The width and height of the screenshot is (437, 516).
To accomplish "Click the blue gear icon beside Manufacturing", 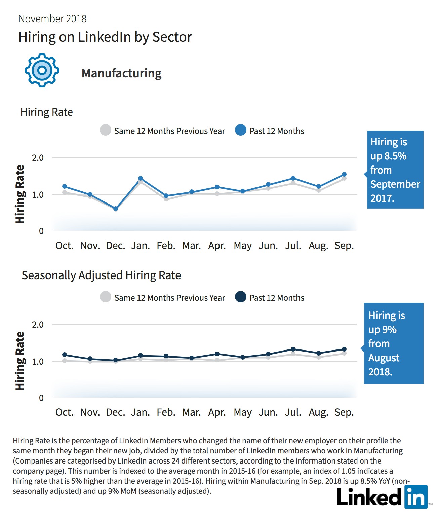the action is point(42,70).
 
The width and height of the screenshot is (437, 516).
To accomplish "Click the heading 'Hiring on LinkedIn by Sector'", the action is point(105,37).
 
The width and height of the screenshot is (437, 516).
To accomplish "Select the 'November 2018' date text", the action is point(52,19).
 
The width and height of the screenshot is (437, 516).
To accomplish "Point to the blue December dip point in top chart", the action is point(116,209).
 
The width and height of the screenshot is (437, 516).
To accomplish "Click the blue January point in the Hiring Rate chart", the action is point(141,178).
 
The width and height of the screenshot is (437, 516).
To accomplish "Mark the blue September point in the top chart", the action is point(344,174).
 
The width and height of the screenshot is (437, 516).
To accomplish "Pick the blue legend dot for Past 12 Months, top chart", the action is point(241,130).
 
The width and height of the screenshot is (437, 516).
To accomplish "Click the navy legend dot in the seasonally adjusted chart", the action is point(241,297).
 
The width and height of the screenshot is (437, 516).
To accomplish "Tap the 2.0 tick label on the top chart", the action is point(38,158).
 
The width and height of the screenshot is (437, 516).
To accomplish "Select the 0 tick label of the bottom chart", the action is point(41,398).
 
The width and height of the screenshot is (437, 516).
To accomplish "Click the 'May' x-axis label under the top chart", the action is point(243,246).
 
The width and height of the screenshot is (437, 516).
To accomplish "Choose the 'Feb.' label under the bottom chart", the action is point(166,412).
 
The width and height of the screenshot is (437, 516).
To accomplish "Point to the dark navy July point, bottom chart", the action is point(293,349).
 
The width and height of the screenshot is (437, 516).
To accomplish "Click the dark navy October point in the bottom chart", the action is point(65,355).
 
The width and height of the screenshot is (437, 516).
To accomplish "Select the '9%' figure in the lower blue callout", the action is point(389,330).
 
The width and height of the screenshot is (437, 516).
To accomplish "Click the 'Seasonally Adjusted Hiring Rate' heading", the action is point(101,275).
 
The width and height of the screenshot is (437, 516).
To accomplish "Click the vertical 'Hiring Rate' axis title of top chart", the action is point(20,194).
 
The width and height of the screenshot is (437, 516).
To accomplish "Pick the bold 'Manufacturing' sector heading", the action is point(121,73).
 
